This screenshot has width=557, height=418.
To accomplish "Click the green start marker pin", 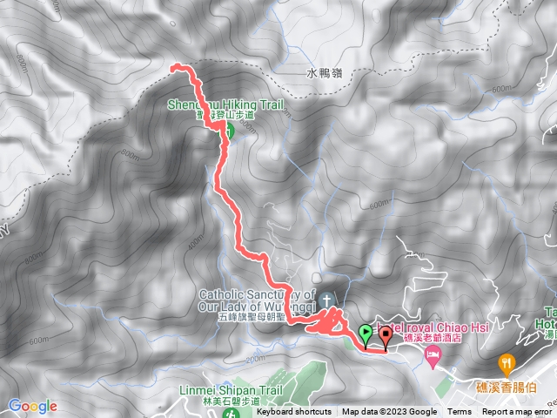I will (365, 333).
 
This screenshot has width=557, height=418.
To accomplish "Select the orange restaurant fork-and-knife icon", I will (506, 362).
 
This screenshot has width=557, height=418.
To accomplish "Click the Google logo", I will (33, 406).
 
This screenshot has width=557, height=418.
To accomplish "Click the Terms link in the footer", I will (460, 412).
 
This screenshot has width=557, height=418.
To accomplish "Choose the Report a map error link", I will (517, 412).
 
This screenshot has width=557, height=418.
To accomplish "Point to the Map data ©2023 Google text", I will (389, 412).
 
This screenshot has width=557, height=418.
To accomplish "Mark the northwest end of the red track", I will (174, 66).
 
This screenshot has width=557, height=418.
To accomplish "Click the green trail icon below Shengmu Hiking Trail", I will (230, 132).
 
